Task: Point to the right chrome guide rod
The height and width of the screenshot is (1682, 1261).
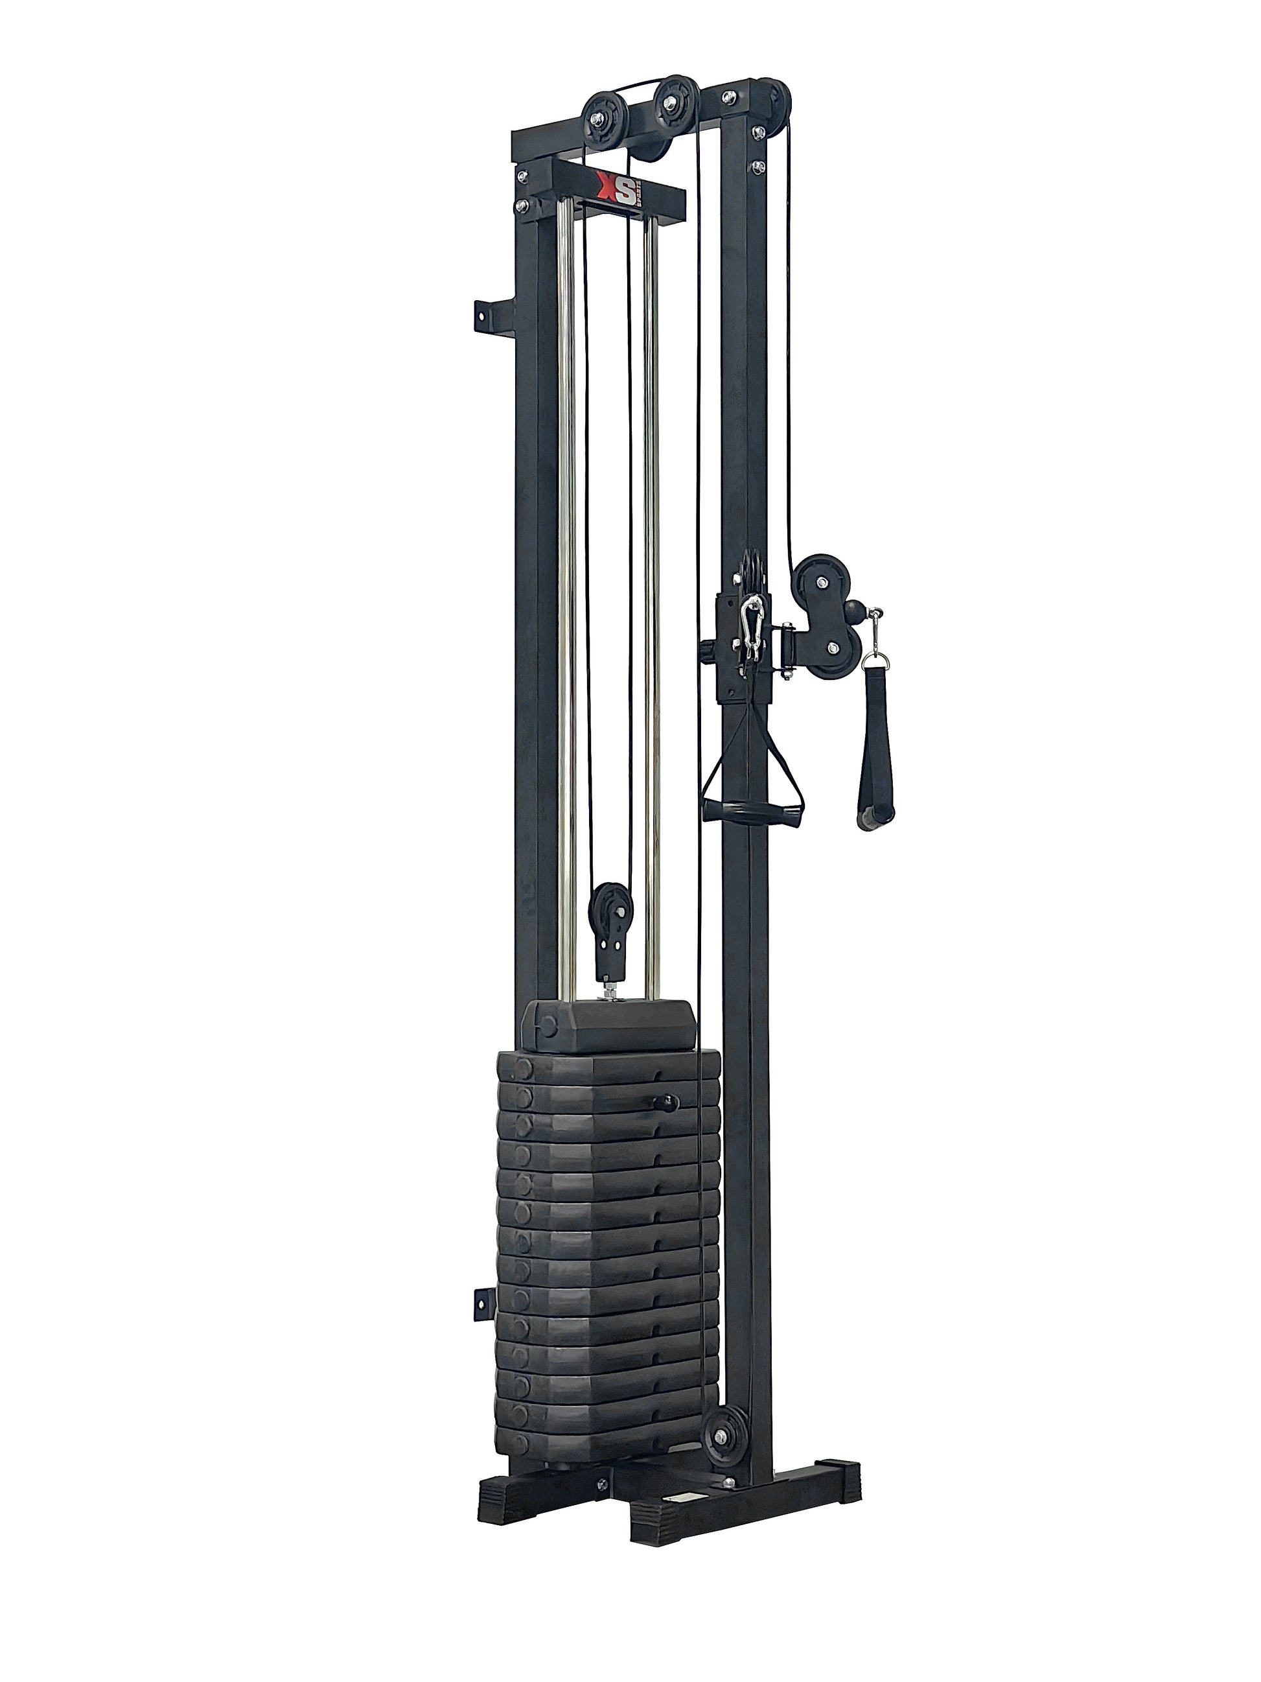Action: click(x=651, y=609)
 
